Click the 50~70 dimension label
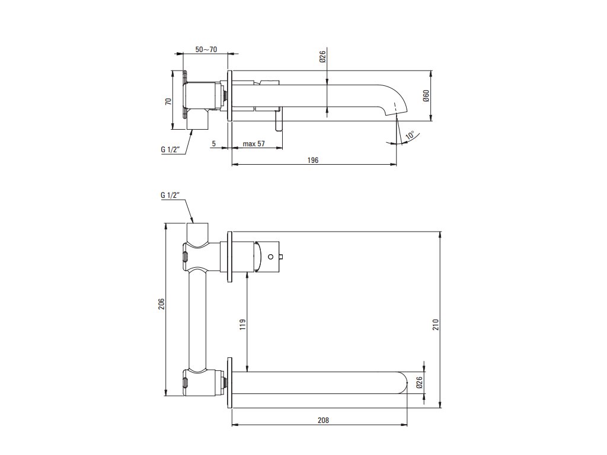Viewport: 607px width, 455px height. point(206,49)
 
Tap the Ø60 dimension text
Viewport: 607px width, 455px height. point(426,97)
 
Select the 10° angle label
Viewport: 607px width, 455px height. point(409,136)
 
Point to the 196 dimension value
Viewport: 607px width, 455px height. point(314,160)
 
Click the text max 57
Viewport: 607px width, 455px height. point(253,144)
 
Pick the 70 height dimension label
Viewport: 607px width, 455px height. point(168,101)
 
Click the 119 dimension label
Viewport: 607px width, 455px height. point(242,324)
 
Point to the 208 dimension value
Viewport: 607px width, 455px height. point(322,420)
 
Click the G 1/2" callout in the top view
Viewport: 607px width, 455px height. point(171,150)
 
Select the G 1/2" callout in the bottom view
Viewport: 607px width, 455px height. point(170,195)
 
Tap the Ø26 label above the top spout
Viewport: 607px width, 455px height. point(322,57)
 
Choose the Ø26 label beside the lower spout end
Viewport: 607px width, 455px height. point(419,383)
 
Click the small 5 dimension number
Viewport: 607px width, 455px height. point(213,144)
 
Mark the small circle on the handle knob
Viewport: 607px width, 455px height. point(271,257)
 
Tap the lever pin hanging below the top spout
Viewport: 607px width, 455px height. point(276,123)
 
